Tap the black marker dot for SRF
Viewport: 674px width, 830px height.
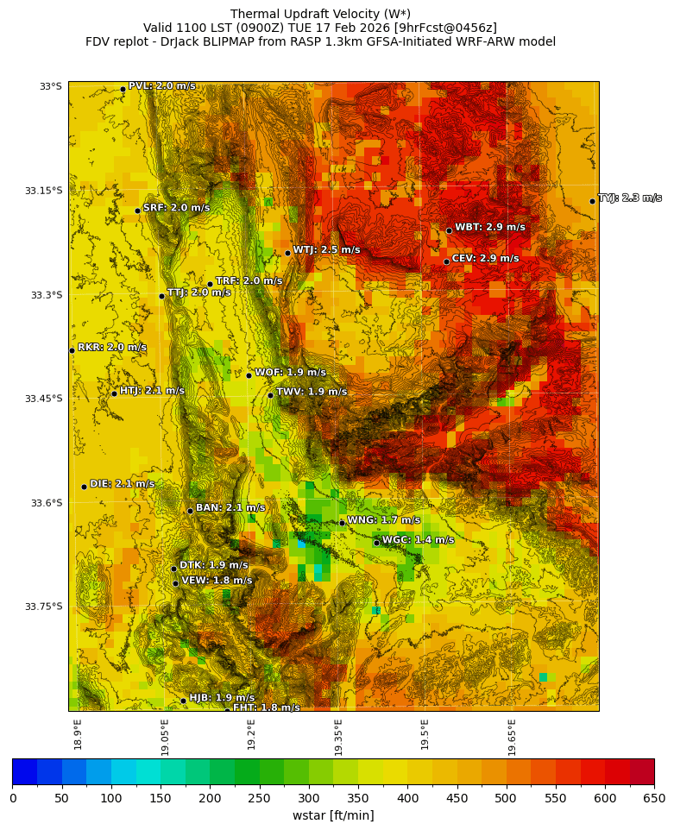click(x=137, y=211)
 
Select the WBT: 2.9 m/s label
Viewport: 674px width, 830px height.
click(x=489, y=228)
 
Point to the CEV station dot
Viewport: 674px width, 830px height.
click(x=446, y=261)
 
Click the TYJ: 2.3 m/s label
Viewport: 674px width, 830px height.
click(x=630, y=198)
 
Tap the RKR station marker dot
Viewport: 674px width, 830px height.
click(x=72, y=350)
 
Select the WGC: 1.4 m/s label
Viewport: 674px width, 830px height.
click(x=418, y=540)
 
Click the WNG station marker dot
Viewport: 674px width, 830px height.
click(x=342, y=523)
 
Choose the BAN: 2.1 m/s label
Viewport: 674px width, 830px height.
click(x=230, y=508)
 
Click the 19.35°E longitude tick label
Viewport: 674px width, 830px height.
click(x=338, y=737)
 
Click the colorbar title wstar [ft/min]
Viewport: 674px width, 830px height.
click(x=333, y=816)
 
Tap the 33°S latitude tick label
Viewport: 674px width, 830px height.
click(x=50, y=86)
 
